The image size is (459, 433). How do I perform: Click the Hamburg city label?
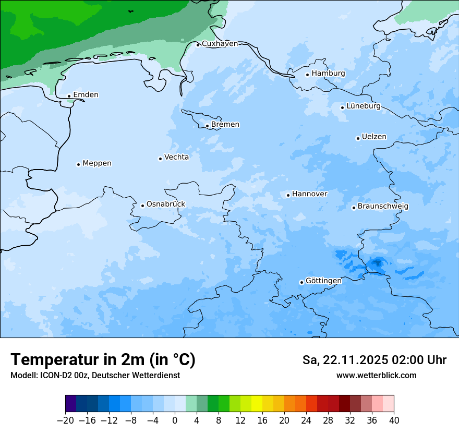pos(328,74)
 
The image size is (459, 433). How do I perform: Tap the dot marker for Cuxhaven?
pos(198,45)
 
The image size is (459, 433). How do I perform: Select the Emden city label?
pos(86,95)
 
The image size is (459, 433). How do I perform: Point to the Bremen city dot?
pos(207,126)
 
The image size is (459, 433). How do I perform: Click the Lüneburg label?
pos(363,106)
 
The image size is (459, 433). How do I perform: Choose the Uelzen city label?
pos(374,137)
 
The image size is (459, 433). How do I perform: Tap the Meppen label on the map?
pos(97,163)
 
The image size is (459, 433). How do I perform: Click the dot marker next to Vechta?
pos(160,159)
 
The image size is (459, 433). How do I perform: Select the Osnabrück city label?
pos(165,204)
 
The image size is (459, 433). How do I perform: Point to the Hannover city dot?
pos(288,196)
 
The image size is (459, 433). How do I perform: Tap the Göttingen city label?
pos(323,281)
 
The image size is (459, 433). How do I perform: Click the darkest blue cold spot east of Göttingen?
pos(377,263)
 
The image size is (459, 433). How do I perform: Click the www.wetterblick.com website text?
pos(376,376)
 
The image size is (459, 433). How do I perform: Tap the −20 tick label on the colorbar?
pos(65,420)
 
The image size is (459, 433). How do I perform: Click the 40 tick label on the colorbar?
pos(394,420)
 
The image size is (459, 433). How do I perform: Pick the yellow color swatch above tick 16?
pos(257,404)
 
